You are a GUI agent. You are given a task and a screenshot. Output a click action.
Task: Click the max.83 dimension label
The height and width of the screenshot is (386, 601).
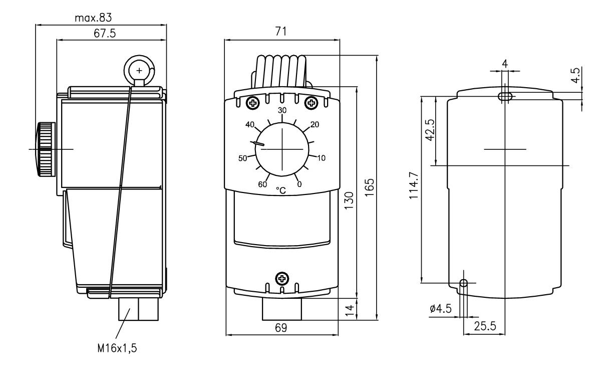click(x=93, y=18)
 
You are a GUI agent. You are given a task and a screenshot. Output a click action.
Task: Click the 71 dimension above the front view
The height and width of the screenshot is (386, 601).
click(x=281, y=32)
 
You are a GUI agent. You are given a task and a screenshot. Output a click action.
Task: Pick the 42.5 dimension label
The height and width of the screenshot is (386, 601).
click(x=429, y=130)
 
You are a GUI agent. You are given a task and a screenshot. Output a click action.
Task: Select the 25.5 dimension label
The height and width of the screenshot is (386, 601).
click(x=484, y=326)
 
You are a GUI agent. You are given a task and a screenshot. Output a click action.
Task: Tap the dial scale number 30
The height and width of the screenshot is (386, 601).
click(x=282, y=110)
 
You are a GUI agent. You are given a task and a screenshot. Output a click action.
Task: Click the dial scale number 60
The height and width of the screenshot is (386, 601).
click(x=262, y=184)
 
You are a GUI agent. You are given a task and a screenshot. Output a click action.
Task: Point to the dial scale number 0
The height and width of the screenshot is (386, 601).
click(x=299, y=184)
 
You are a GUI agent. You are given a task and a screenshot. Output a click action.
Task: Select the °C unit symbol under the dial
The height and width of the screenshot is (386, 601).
click(x=281, y=190)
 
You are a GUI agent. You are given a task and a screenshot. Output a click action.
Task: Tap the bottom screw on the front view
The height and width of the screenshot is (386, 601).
click(x=282, y=278)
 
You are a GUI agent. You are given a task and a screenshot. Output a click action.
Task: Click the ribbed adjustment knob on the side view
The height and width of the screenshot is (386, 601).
click(x=46, y=149)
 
